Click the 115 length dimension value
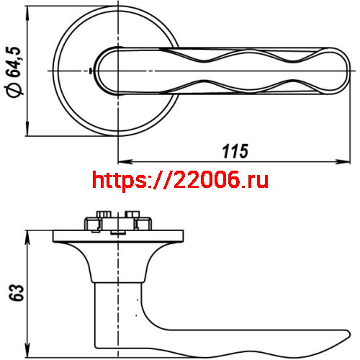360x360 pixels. pyautogui.click(x=235, y=151)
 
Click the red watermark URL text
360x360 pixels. pyautogui.click(x=181, y=180)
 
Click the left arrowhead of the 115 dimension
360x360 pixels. pyautogui.click(x=120, y=161)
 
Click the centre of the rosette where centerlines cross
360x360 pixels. pyautogui.click(x=117, y=71)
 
